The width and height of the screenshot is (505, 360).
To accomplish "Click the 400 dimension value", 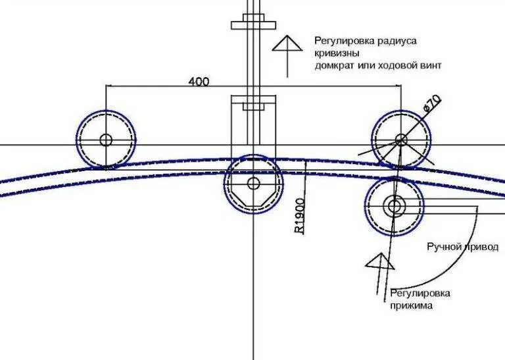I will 199,82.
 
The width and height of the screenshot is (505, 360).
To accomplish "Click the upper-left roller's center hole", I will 105,140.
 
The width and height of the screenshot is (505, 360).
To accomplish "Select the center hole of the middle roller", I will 253,184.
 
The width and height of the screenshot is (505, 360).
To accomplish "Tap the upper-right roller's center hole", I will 401,140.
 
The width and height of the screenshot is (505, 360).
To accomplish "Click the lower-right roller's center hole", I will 395,206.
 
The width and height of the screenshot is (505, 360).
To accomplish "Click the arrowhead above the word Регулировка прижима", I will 379,261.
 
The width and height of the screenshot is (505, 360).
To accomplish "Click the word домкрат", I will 335,66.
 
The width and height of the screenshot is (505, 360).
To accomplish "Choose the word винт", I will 429,66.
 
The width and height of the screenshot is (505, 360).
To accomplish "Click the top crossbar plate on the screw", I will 252,26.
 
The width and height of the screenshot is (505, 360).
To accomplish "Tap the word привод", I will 481,247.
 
